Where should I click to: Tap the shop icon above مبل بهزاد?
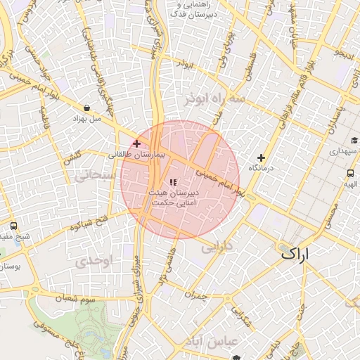[x=86, y=108]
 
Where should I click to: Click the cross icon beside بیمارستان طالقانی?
[x=136, y=143]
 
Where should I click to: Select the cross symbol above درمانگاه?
[x=262, y=157]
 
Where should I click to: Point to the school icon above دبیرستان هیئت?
[x=173, y=183]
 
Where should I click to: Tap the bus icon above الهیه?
[x=350, y=173]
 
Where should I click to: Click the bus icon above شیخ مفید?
[x=14, y=226]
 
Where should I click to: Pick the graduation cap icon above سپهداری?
[x=354, y=141]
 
